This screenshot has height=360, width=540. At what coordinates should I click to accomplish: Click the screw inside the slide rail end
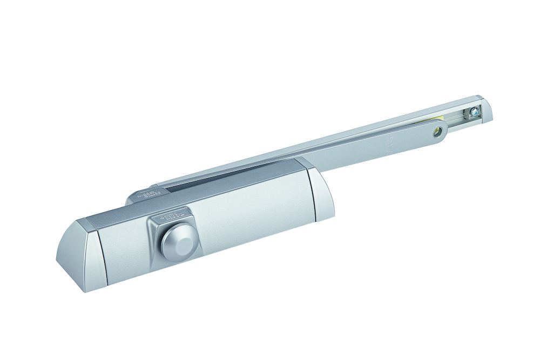(473, 113)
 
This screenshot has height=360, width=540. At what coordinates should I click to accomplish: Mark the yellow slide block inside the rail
(441, 120)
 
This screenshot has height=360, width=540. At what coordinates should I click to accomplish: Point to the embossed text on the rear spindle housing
(142, 194)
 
